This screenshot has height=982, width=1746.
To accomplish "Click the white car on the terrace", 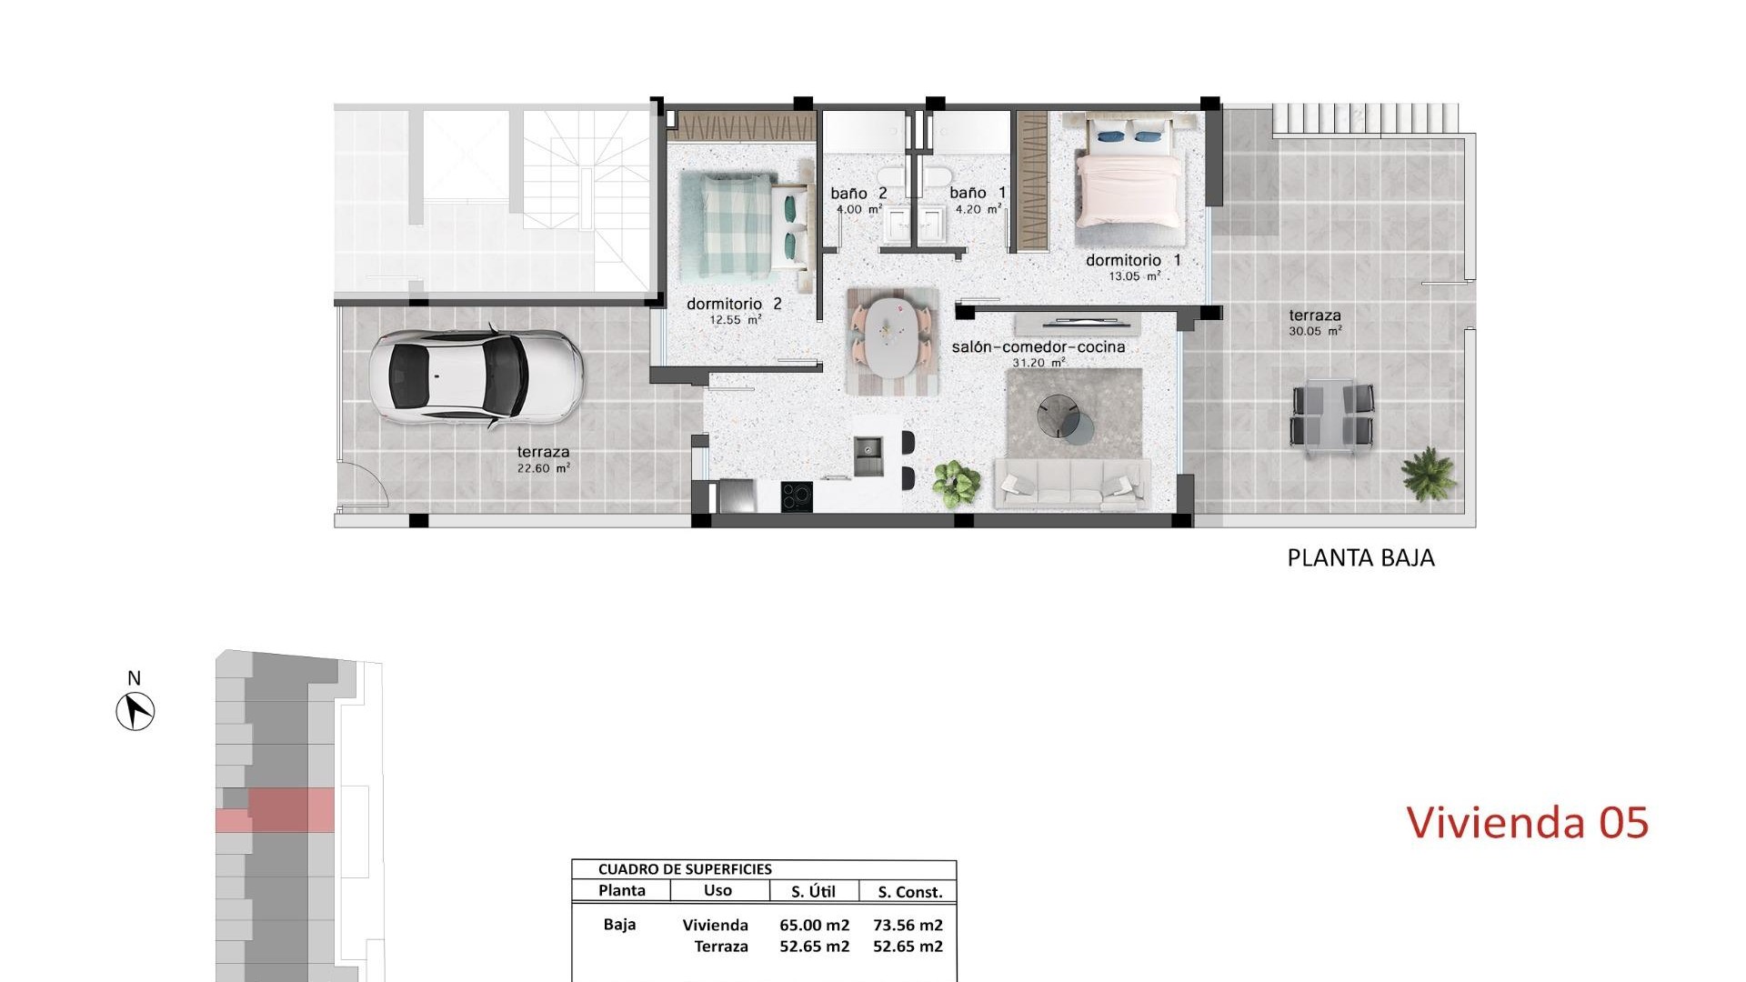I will click(x=476, y=376).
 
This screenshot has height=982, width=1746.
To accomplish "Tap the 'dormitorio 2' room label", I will click(x=734, y=305).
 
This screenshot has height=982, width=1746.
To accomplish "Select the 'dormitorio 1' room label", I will click(x=1133, y=261).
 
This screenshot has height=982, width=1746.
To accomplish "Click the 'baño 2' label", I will click(x=858, y=194).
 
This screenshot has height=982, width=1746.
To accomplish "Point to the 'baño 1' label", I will click(x=978, y=194).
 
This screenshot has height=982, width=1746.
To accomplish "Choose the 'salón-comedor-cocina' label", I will click(x=1038, y=347).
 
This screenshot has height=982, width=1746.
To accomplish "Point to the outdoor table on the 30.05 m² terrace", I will click(x=1332, y=416).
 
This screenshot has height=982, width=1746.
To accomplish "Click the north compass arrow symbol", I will click(x=135, y=710).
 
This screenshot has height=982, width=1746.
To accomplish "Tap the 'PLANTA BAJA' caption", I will click(x=1360, y=558).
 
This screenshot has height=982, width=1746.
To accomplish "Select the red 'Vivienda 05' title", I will click(x=1527, y=823).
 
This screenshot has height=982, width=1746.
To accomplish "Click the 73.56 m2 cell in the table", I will click(x=908, y=926).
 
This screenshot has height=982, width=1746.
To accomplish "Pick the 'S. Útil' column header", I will click(x=813, y=892).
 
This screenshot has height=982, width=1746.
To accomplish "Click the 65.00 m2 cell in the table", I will click(x=814, y=926).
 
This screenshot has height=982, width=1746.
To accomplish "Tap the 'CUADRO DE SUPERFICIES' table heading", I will click(x=685, y=869).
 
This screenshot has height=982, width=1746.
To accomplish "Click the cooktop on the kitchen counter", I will click(x=798, y=496).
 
